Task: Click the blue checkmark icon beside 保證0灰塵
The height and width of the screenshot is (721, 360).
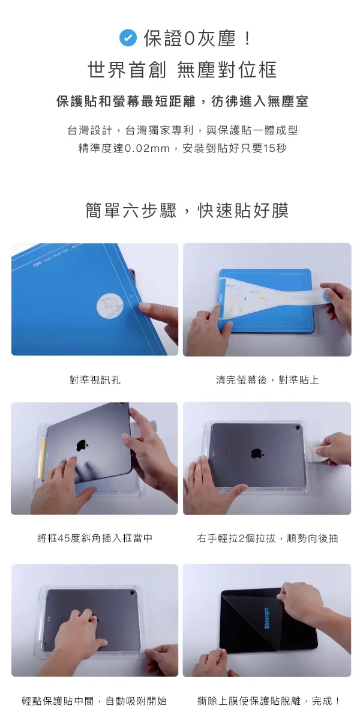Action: coord(128,38)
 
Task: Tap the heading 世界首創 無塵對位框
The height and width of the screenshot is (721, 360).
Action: coord(182,70)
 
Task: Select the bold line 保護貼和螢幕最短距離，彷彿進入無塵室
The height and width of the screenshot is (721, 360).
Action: coord(182,101)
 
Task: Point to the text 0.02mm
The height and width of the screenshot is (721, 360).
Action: coord(147,148)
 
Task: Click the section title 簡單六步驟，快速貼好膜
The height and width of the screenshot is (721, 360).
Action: coord(187,210)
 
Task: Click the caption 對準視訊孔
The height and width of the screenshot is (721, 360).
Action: coord(95,380)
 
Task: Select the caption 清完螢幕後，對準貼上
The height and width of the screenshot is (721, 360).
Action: coord(267,380)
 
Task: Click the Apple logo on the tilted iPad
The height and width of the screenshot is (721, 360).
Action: coord(82,445)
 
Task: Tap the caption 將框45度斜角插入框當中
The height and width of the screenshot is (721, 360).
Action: coord(95,538)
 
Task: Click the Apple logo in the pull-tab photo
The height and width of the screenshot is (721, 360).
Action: coord(257,454)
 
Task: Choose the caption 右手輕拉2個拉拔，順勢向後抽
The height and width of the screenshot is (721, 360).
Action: coord(267,538)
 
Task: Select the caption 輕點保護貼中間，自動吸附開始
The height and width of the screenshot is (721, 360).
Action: coord(95,701)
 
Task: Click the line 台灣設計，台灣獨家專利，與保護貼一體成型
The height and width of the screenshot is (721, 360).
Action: coord(182,130)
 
